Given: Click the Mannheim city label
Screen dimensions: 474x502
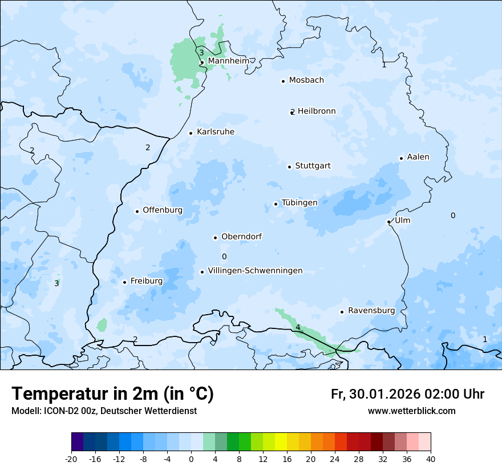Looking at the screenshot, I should point(228,61).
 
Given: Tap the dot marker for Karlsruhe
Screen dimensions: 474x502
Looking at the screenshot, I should point(191,133).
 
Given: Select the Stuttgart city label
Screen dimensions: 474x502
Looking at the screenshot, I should point(313,166).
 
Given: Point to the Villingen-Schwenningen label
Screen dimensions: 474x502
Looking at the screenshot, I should point(255,271).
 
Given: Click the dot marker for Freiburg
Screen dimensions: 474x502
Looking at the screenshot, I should point(124,282).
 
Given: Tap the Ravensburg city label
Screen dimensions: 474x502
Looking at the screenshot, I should point(371,311).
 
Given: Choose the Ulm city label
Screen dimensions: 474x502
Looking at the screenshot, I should point(402,220).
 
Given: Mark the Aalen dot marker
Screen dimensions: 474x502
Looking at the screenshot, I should point(401,158).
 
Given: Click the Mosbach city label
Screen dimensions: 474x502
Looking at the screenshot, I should point(306,80).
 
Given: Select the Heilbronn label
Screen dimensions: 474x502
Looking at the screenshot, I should point(317,111).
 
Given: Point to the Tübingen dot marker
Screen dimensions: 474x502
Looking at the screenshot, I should point(276,204).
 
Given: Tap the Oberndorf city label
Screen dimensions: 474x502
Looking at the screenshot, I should point(241,236).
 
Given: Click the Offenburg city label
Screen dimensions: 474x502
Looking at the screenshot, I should point(163,210).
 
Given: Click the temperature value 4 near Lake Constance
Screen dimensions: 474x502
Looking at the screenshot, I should point(298,327).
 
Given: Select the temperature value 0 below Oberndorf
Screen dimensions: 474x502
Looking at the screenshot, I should point(224,257).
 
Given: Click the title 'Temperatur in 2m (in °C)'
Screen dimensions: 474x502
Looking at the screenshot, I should point(112,394).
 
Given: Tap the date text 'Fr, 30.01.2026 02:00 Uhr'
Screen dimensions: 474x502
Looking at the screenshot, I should point(407,394).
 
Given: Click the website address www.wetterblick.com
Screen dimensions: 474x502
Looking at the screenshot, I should point(411,411).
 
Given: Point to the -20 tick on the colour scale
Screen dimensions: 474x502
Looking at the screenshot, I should point(71,459).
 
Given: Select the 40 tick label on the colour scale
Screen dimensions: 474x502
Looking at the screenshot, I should point(430,459).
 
